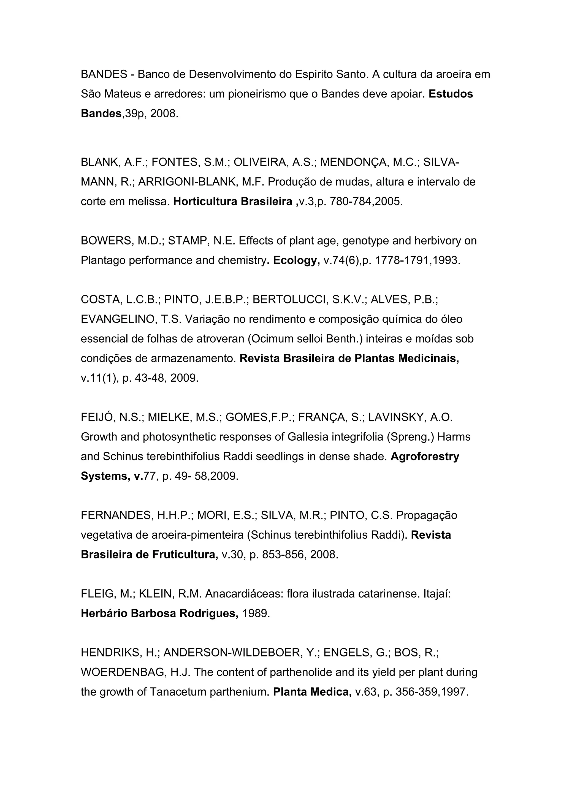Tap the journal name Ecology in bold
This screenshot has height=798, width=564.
pos(296,260)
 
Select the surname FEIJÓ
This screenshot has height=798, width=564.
pos(97,417)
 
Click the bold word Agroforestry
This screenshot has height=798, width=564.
pos(425,456)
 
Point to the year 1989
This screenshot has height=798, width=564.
pos(256,614)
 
